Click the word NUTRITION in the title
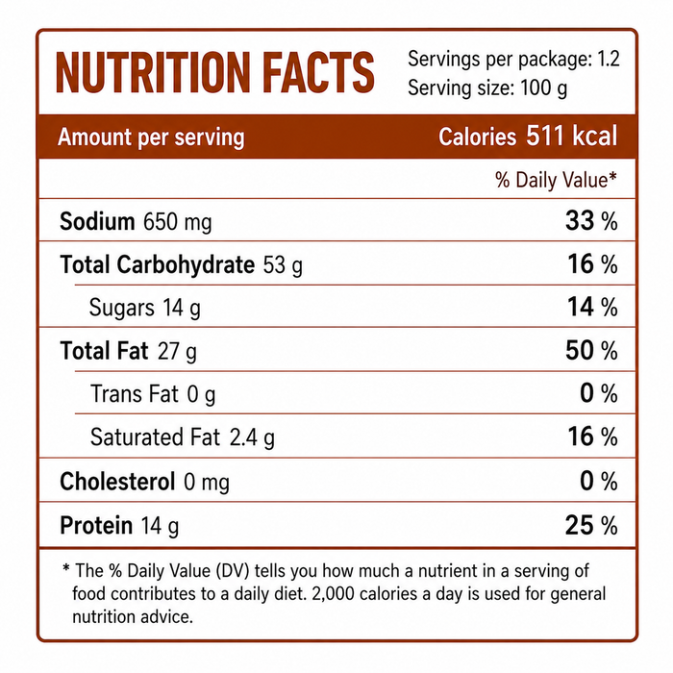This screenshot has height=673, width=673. point(153,72)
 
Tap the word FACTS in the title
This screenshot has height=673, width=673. point(318,72)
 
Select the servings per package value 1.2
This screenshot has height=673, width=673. point(609,59)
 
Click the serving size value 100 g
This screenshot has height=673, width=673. point(543,88)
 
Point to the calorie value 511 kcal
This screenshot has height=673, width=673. point(572,137)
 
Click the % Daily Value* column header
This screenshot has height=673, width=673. point(556,180)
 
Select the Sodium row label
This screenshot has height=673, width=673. point(97,221)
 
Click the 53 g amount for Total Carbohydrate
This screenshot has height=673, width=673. point(283,264)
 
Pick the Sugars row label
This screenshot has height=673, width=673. point(121,308)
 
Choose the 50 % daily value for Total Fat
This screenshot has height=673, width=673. point(591,350)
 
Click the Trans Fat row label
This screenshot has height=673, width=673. point(134,393)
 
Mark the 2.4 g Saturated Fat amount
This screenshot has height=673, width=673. point(252,437)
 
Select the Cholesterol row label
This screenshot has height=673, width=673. point(117,481)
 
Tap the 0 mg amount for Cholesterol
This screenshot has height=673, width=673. point(207,482)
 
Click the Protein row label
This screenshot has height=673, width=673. point(96,525)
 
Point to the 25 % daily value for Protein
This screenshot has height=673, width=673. point(591,525)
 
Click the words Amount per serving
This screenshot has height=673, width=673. point(151,137)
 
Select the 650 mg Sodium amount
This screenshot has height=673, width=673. point(177,222)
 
